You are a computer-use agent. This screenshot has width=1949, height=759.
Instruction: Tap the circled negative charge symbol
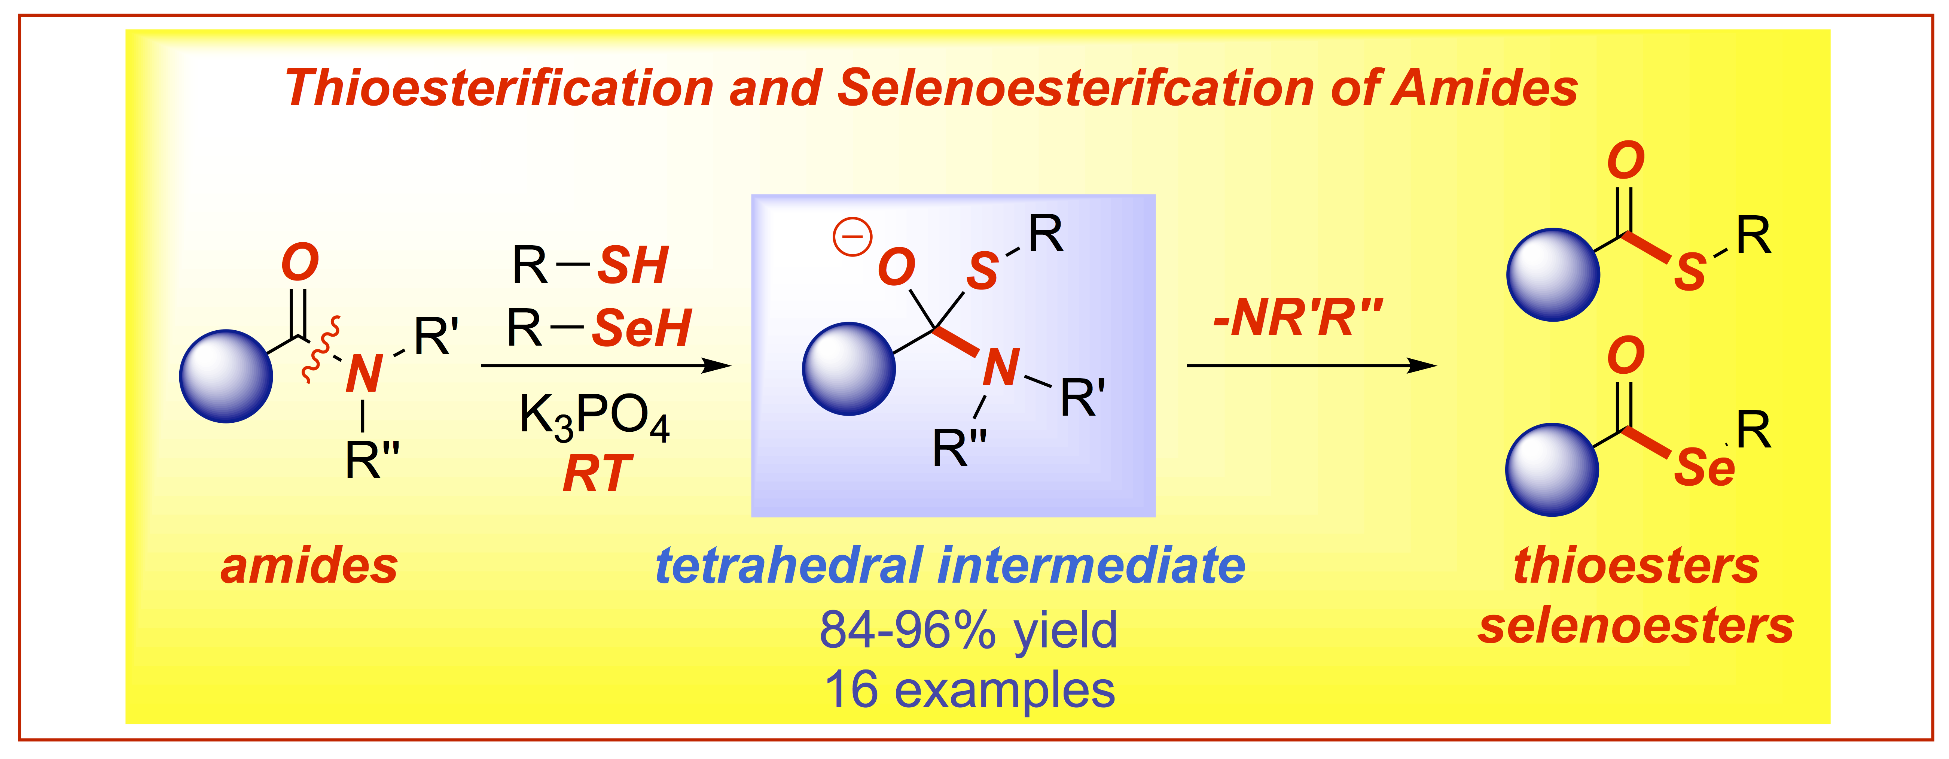point(853,236)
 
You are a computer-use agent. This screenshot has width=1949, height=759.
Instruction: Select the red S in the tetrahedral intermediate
point(982,271)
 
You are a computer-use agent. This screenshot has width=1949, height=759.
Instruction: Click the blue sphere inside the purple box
point(849,368)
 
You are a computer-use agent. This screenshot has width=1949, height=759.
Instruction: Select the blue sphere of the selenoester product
point(1552,470)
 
